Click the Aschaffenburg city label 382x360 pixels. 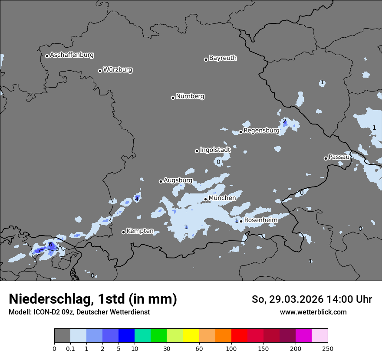coord(72,55)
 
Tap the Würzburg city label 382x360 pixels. coord(118,70)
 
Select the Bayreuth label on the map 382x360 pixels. coord(223,58)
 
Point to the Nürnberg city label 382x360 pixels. coord(190,96)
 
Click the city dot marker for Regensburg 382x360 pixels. coord(240,132)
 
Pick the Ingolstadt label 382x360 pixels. coord(215,150)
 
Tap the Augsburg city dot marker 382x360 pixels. coord(161,181)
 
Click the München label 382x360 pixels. coord(222,198)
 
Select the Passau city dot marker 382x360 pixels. coord(326,158)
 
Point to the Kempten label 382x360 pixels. coord(140,231)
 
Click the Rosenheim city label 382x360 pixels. coord(260,220)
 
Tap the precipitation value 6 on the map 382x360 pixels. coord(50,245)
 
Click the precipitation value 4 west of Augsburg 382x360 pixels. coord(137,199)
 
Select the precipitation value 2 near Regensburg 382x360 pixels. coord(284,121)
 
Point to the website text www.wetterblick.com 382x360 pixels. coord(313,312)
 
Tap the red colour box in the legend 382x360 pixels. coord(239,336)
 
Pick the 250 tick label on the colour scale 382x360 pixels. coord(327,348)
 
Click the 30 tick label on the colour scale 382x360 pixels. coord(167,348)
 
